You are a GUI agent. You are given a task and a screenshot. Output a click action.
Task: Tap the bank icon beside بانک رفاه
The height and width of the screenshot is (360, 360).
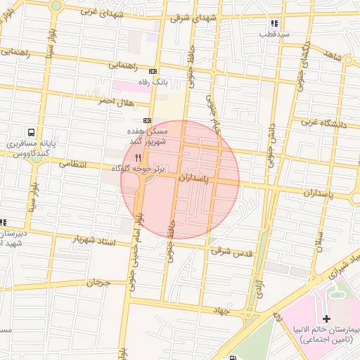click(154, 72)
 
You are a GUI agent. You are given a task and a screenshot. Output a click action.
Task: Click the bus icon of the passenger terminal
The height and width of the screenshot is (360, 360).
click(32, 131)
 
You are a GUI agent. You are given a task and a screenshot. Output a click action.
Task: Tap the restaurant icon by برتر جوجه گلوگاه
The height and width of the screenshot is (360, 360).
click(139, 157)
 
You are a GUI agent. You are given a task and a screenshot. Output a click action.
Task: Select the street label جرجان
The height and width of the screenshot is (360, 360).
click(98, 283)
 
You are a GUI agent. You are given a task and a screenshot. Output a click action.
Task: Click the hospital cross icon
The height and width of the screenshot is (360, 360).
click(327, 319)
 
